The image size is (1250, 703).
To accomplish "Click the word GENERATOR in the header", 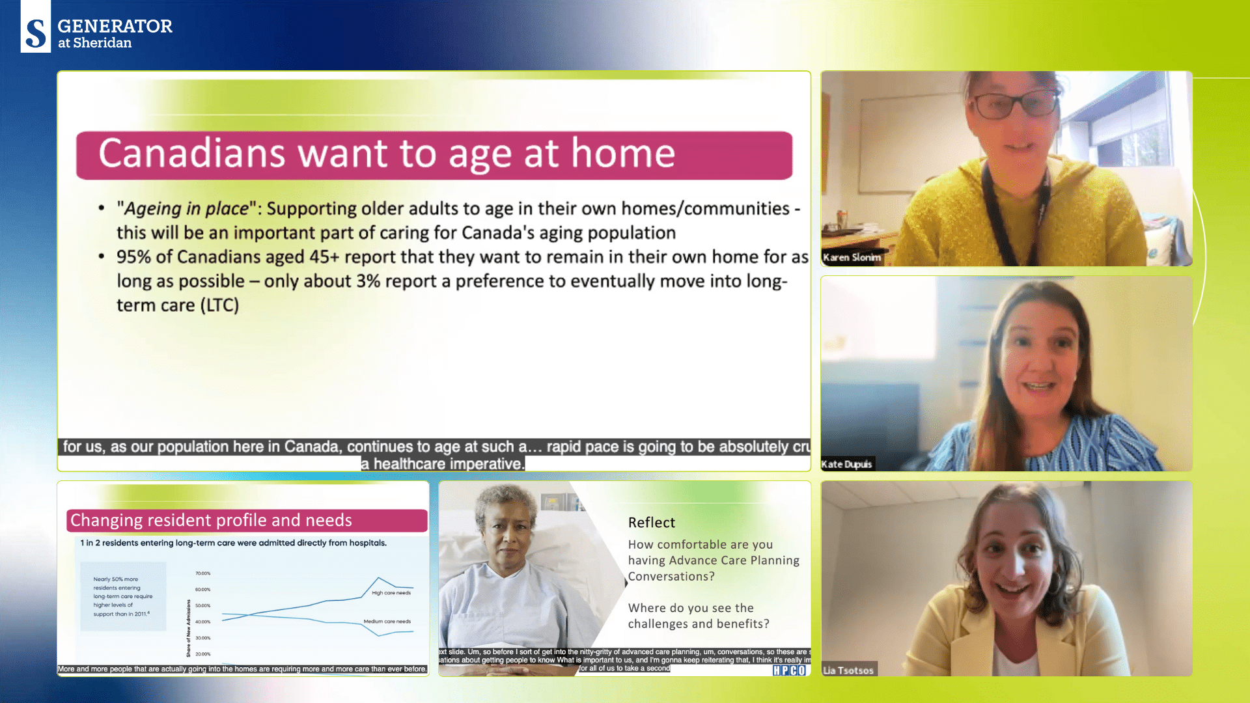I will click(115, 26).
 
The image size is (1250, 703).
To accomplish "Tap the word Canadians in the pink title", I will click(191, 154).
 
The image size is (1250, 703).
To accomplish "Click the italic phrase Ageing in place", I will click(186, 209).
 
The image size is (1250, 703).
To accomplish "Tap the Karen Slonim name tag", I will click(852, 257).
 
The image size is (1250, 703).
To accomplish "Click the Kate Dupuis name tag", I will click(846, 464).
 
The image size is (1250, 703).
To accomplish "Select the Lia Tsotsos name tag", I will click(848, 670).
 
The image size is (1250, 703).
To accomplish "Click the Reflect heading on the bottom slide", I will click(651, 523).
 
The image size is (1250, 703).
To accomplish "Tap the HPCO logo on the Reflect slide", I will click(789, 670).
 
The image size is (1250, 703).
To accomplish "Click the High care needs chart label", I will click(391, 593).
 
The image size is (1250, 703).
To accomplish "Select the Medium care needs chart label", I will click(387, 622).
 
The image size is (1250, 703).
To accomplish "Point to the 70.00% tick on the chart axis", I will click(202, 573).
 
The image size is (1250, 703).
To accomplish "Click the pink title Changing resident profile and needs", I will click(211, 521).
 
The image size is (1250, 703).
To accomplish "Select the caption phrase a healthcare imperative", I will click(443, 464).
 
